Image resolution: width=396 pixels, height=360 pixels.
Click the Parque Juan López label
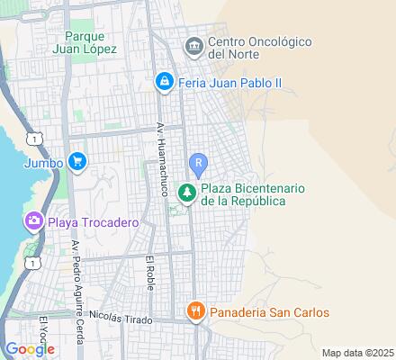(90, 42)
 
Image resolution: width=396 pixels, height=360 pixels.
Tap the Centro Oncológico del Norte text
(259, 49)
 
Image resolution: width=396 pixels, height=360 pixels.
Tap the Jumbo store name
(44, 163)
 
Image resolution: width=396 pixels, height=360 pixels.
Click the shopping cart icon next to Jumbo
(76, 163)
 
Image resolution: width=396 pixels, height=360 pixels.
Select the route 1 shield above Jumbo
(34, 139)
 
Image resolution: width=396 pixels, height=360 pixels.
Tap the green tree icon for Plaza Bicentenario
(187, 193)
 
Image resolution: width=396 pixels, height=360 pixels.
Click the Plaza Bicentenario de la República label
(255, 194)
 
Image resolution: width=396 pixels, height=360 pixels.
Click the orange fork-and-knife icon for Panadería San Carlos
(193, 312)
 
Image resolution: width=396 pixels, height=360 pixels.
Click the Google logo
(29, 348)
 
